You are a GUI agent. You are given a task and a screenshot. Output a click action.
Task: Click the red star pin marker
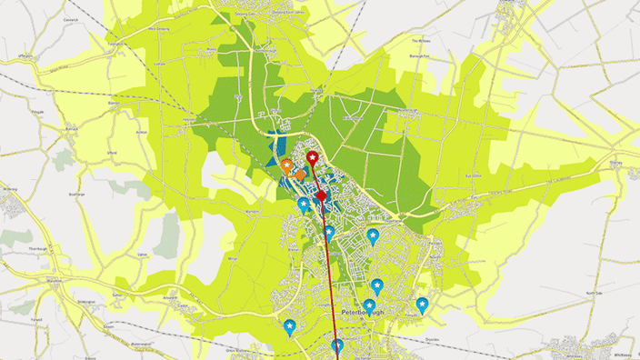(x=313, y=159)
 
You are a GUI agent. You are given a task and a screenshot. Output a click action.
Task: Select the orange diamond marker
(x=300, y=174)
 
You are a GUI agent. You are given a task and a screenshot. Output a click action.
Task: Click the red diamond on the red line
(x=320, y=195)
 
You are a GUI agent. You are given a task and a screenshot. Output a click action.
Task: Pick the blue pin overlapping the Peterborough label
(x=369, y=306)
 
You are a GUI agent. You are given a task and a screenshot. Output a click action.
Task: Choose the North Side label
(x=594, y=294)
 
